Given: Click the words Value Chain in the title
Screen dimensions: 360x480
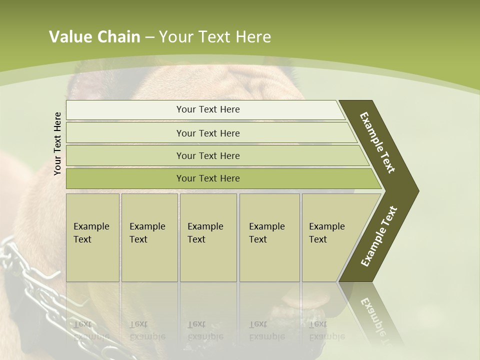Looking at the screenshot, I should (x=94, y=37).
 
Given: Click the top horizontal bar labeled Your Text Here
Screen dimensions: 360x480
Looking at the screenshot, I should (x=207, y=109).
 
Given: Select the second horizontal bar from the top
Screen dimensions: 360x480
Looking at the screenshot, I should (x=207, y=133).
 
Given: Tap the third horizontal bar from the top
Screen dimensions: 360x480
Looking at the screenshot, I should (x=207, y=155).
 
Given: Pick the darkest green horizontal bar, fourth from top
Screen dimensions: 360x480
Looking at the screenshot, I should (x=207, y=178).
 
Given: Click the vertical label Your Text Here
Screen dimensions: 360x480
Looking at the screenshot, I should (x=57, y=143).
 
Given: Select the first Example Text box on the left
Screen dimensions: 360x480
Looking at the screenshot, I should (x=92, y=237).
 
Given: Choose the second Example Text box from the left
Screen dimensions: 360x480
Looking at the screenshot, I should (x=149, y=237).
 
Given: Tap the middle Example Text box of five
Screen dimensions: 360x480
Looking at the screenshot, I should (x=208, y=237).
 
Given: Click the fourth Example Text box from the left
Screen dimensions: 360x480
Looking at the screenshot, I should (x=269, y=237).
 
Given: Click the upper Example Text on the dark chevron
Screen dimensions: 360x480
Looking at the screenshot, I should (x=377, y=142).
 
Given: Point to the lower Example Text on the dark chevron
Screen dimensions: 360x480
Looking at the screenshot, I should (x=379, y=236).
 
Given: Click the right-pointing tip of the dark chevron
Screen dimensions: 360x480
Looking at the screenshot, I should (x=416, y=190).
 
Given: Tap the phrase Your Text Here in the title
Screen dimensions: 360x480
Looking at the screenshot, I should (x=215, y=37).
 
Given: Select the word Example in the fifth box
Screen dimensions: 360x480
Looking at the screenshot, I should (x=326, y=226).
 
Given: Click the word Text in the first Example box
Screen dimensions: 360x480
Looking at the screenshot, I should (x=82, y=239).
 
